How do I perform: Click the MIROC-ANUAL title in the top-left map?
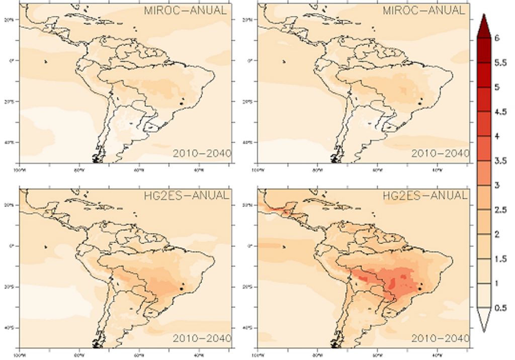tap(185, 11)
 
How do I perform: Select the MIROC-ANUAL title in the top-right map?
tap(424, 11)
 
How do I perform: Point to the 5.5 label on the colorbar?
tap(500, 63)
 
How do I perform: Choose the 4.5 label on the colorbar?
tap(500, 112)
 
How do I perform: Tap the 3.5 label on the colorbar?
tap(500, 161)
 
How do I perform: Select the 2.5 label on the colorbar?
tap(500, 210)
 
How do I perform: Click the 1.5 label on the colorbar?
tap(500, 259)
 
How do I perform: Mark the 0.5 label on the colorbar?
tap(500, 308)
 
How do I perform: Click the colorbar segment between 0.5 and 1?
tap(484, 296)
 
